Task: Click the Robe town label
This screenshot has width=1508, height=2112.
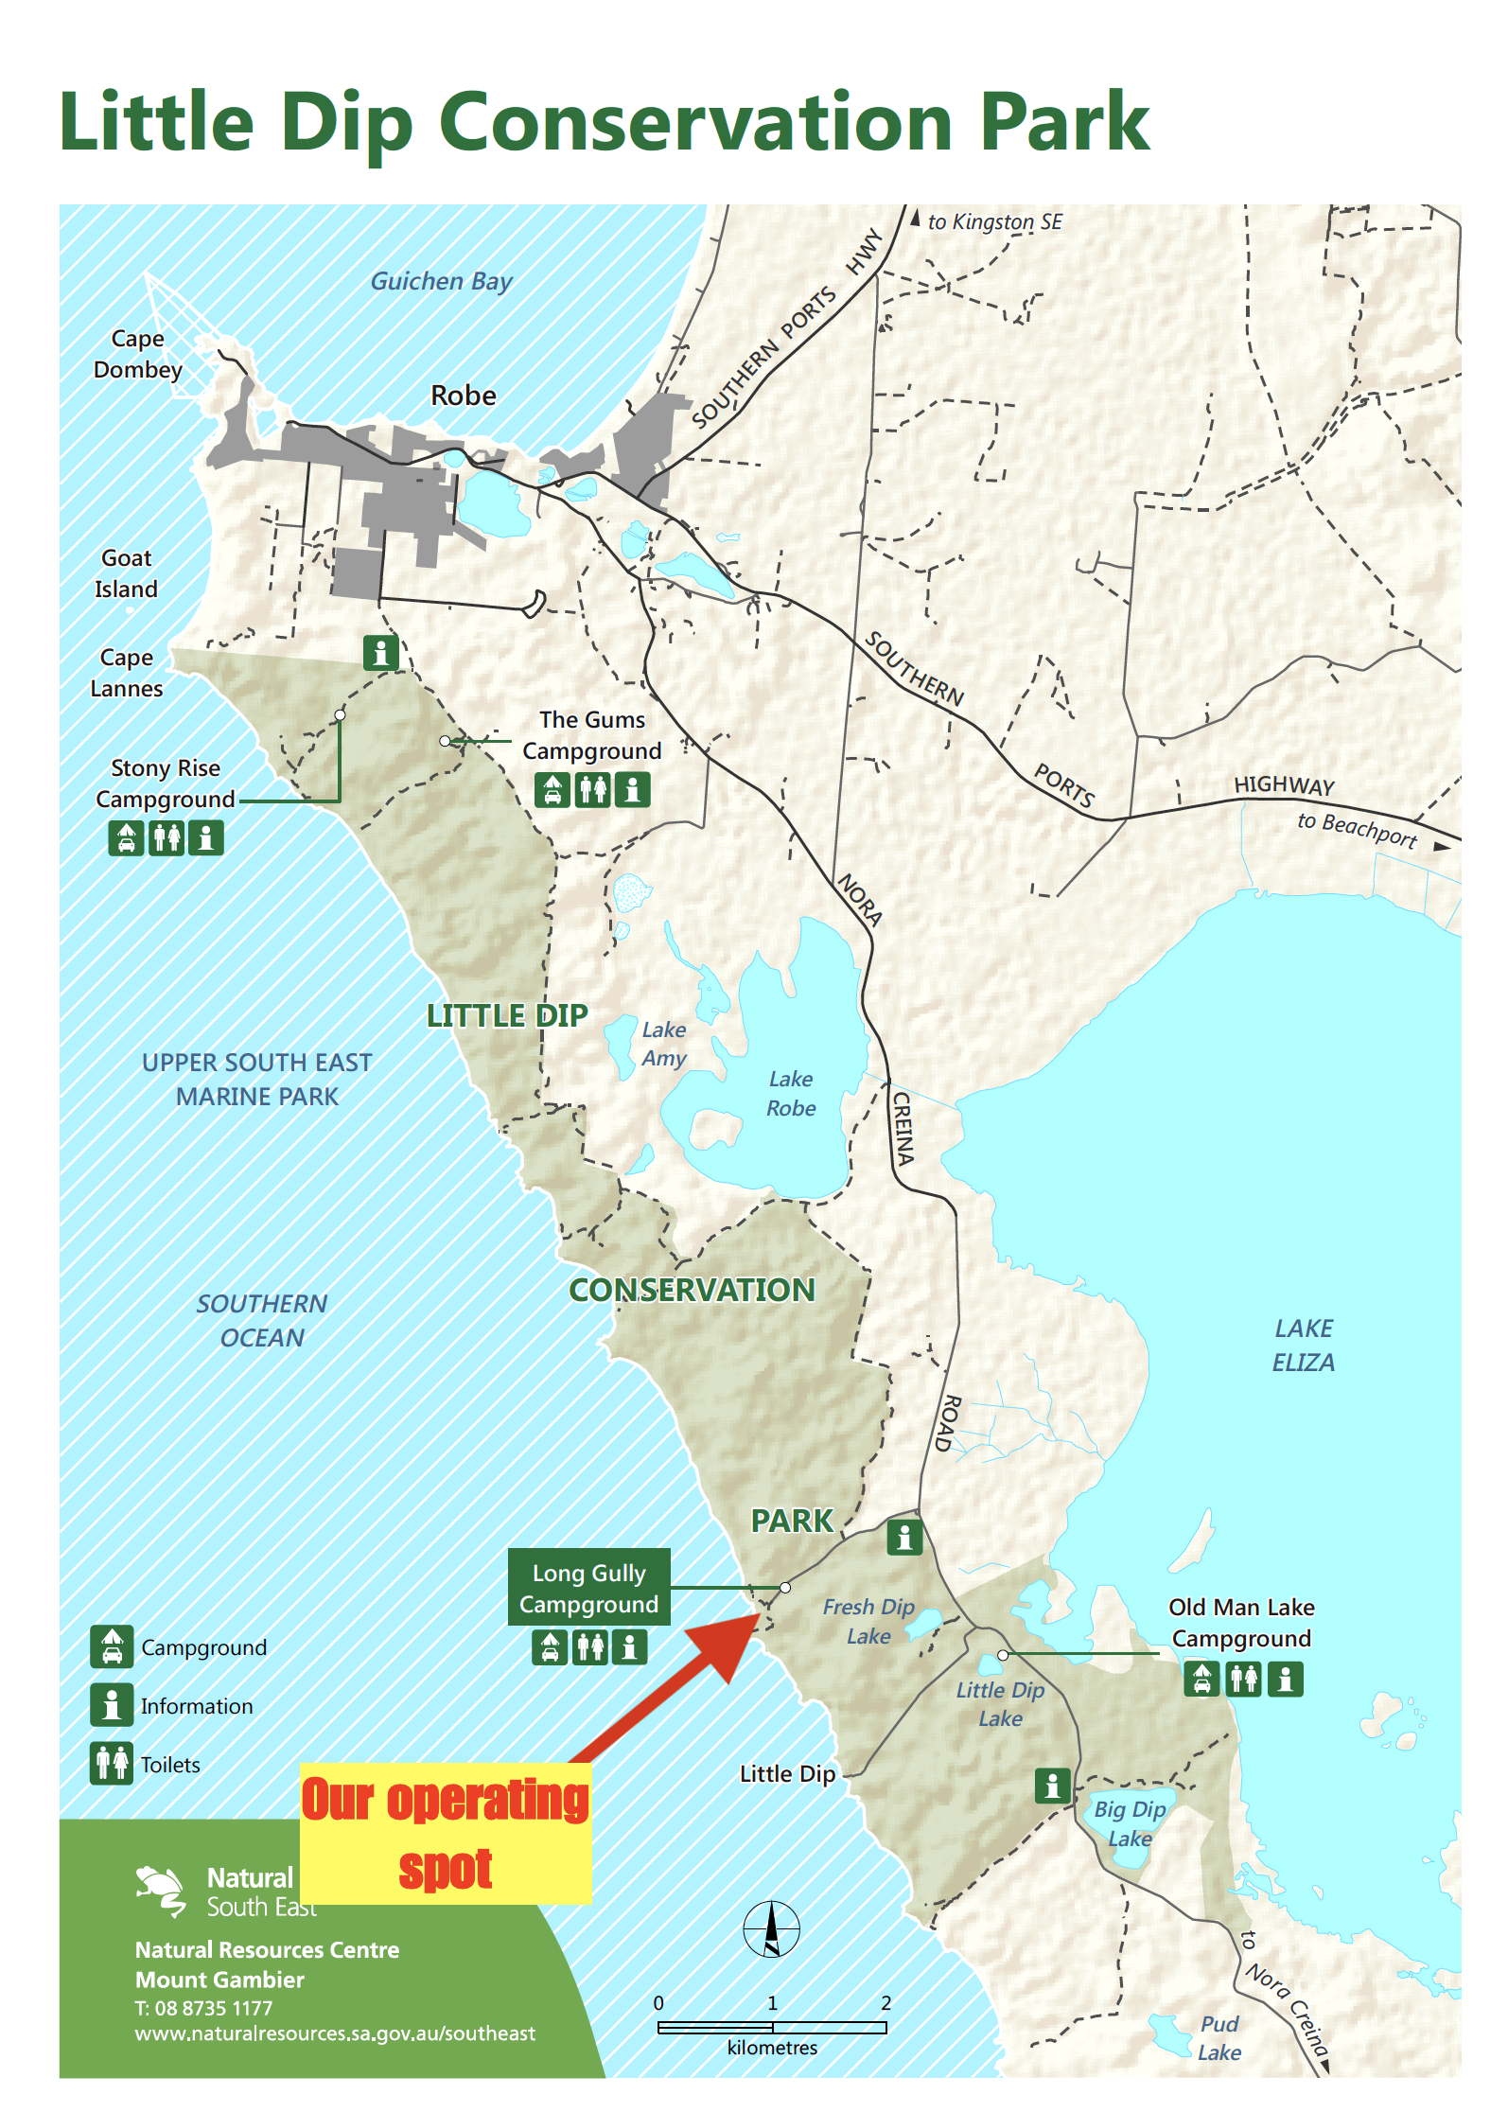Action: click(x=463, y=396)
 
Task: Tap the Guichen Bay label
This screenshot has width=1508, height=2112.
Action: click(x=441, y=281)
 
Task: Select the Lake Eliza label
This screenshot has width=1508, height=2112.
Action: click(x=1303, y=1345)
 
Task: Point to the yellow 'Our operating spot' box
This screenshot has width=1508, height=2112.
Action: click(x=445, y=1833)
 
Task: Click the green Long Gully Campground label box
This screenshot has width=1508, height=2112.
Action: click(x=588, y=1588)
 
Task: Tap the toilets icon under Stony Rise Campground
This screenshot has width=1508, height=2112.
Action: click(x=167, y=837)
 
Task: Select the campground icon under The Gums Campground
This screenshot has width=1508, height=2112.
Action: click(x=552, y=789)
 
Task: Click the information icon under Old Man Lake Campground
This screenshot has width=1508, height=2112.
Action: click(x=1285, y=1680)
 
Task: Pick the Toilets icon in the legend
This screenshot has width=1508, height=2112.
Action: click(x=112, y=1764)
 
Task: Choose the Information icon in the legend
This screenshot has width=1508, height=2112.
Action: click(x=112, y=1705)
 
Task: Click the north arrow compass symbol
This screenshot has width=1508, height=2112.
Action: click(x=771, y=1928)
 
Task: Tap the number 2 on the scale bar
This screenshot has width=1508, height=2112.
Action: click(x=886, y=2002)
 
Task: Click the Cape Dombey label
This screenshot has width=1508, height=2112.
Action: click(x=137, y=354)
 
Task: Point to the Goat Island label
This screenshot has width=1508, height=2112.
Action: click(x=126, y=573)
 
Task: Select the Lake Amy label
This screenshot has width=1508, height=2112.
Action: click(x=663, y=1044)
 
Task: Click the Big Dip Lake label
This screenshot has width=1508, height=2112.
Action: click(x=1130, y=1823)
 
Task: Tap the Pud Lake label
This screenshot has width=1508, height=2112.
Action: click(x=1219, y=2037)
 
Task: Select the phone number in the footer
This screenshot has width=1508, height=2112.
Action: click(x=203, y=2008)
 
